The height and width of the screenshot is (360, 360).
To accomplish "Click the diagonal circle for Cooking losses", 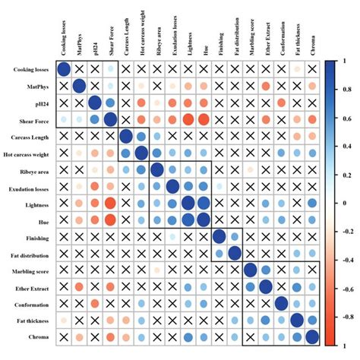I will pyautogui.click(x=64, y=70).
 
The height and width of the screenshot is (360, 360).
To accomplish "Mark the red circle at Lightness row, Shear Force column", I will pyautogui.click(x=110, y=203).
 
